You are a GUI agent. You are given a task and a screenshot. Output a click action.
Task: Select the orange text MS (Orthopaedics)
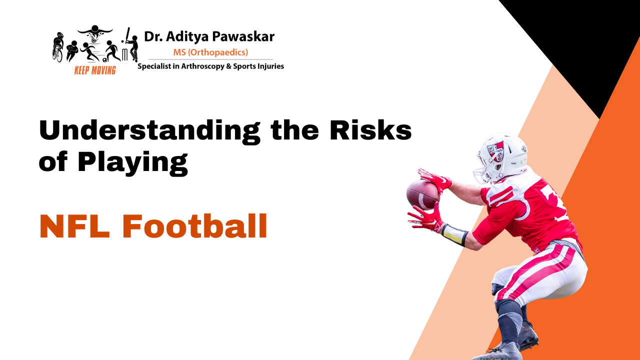210,52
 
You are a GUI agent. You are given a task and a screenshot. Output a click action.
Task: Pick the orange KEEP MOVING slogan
95,70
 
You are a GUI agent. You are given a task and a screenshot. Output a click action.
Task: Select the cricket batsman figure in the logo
131,45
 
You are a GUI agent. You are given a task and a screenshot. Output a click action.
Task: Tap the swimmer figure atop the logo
95,31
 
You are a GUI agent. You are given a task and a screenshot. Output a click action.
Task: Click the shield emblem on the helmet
495,149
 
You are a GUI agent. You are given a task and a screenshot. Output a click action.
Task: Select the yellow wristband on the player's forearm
453,234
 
